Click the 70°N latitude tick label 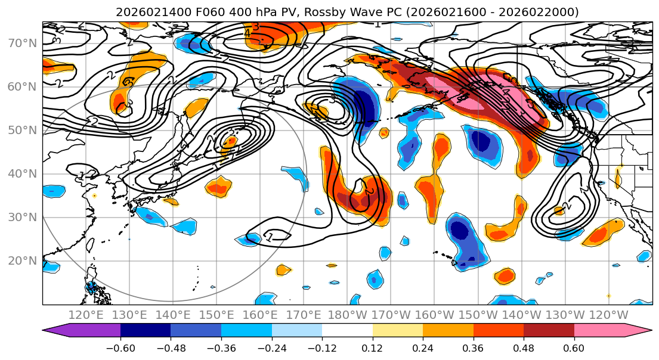[21, 43]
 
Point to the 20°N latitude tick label [21, 260]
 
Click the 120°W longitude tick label [609, 315]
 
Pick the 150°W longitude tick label [478, 315]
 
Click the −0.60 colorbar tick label [120, 347]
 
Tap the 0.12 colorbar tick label [372, 347]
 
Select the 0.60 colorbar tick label [574, 347]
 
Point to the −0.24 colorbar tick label [271, 347]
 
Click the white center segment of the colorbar [347, 331]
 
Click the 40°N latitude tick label [21, 173]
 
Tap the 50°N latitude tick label [21, 130]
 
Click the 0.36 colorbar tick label [473, 347]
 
